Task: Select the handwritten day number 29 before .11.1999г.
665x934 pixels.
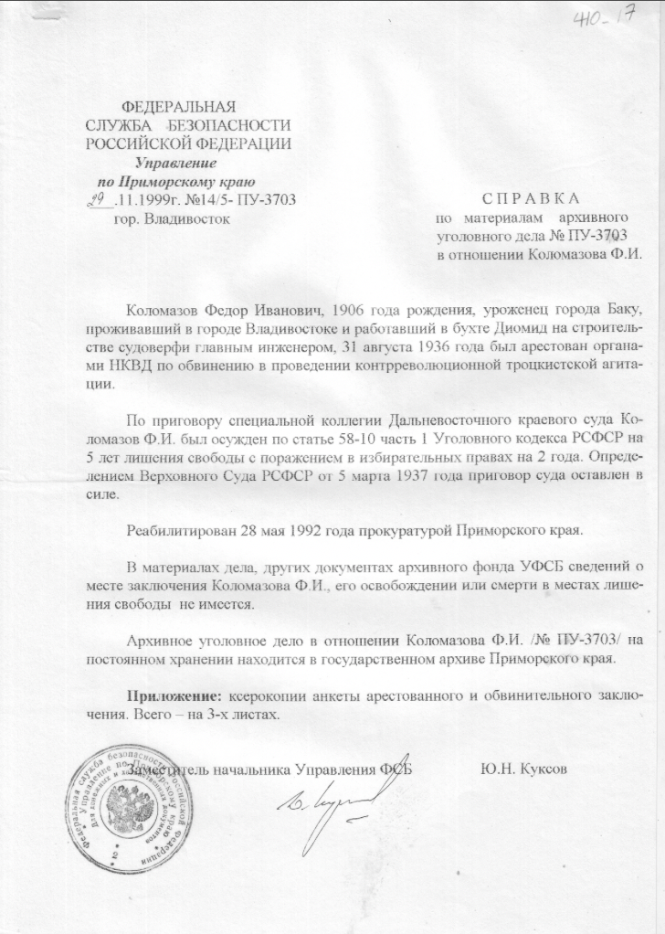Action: (x=98, y=197)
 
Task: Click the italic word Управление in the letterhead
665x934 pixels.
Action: (x=175, y=163)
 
